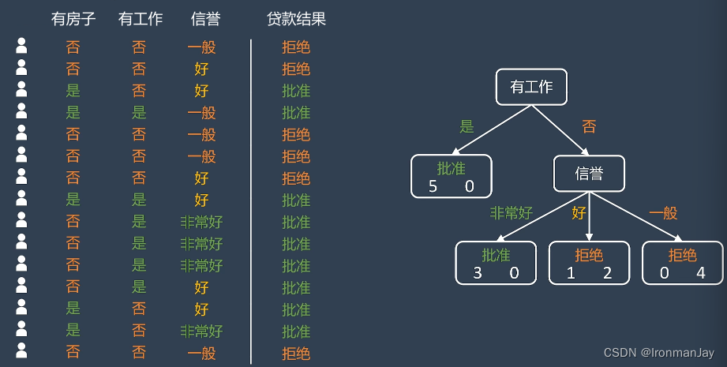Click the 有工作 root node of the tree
tap(532, 88)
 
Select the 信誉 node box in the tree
tap(589, 174)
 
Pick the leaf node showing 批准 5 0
tap(451, 175)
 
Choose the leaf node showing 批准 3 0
tap(496, 263)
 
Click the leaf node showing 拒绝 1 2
tap(589, 263)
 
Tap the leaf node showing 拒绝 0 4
tap(682, 263)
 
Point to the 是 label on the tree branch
tap(467, 125)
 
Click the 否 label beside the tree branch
tap(588, 125)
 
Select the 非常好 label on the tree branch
tap(512, 213)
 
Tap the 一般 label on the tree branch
tap(662, 213)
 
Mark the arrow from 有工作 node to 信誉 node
tap(563, 129)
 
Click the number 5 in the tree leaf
tap(433, 186)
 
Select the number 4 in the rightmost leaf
tap(700, 274)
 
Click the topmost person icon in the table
tap(21, 46)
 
